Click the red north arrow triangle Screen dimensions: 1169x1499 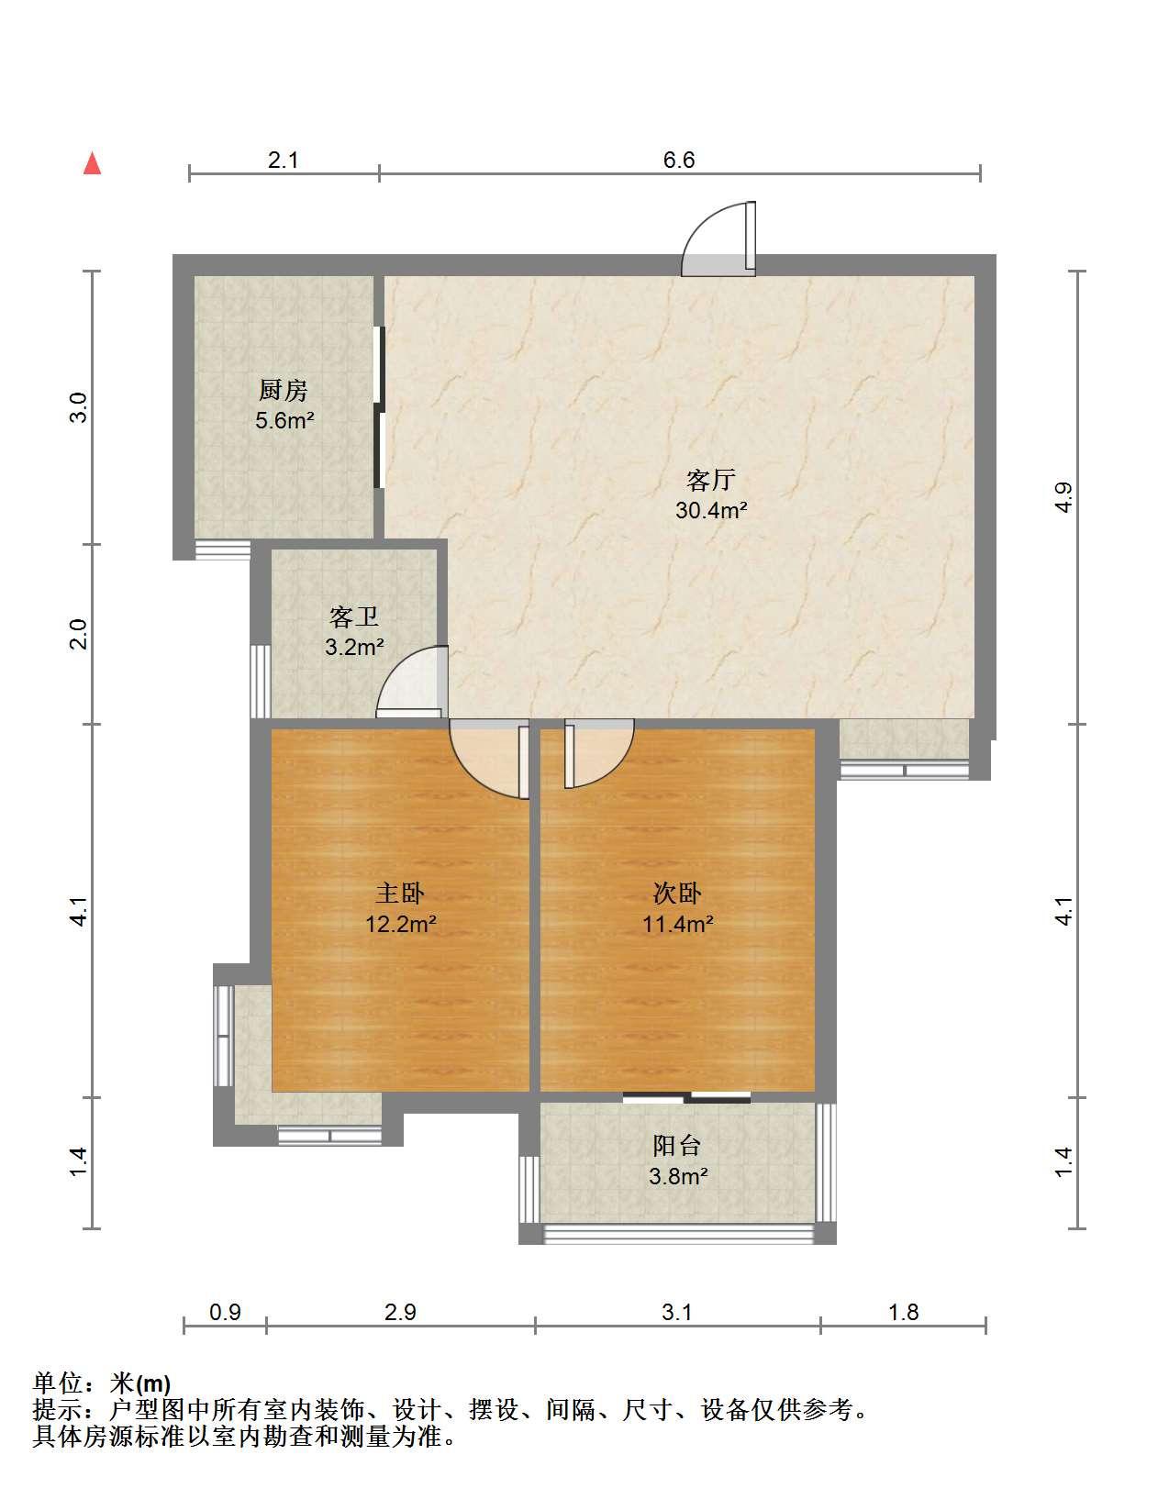coord(93,164)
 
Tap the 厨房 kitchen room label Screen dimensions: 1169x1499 coord(283,391)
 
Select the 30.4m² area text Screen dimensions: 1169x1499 coord(711,510)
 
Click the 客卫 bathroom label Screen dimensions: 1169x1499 coord(354,616)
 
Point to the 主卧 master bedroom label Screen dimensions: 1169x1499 coord(400,894)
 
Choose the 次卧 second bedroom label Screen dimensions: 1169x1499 coord(677,894)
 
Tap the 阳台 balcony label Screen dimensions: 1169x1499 coord(677,1145)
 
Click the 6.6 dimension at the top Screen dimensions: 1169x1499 coord(679,160)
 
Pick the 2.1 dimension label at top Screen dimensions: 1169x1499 coord(283,160)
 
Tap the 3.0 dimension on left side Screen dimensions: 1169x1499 coord(79,407)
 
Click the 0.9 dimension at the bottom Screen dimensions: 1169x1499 coord(225,1311)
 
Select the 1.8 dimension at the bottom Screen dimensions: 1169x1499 coord(904,1311)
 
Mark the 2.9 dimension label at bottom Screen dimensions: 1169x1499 coord(400,1311)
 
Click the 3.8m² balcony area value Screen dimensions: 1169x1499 coord(678,1175)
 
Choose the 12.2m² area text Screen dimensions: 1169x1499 coord(400,924)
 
